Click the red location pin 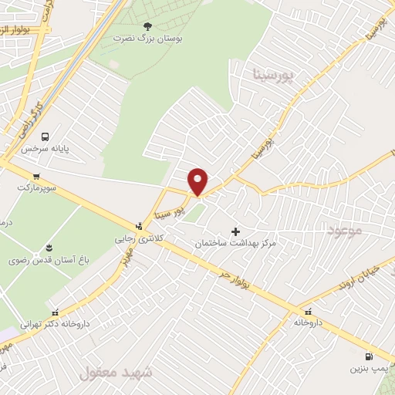coord(198,181)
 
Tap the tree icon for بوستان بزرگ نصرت coord(147,25)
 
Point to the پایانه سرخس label coord(45,147)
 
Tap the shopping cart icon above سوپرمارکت coord(36,177)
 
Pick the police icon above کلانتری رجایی coord(138,226)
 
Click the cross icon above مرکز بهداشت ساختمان coord(236,231)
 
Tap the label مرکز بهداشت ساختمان coord(236,243)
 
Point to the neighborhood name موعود coord(343,230)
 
